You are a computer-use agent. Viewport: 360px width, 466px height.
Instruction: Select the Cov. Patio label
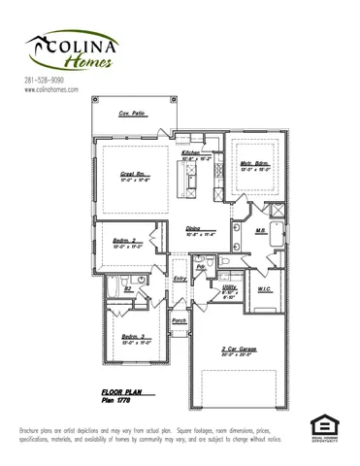132,115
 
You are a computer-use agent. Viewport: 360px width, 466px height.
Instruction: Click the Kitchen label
190,154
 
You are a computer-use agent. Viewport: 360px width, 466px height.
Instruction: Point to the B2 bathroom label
127,288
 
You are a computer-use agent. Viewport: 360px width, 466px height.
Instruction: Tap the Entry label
180,279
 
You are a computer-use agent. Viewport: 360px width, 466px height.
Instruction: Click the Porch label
179,320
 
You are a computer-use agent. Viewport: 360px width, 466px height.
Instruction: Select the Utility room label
229,288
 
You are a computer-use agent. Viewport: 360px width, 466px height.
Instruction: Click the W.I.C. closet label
264,289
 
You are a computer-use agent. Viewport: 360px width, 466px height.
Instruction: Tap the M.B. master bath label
261,231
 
